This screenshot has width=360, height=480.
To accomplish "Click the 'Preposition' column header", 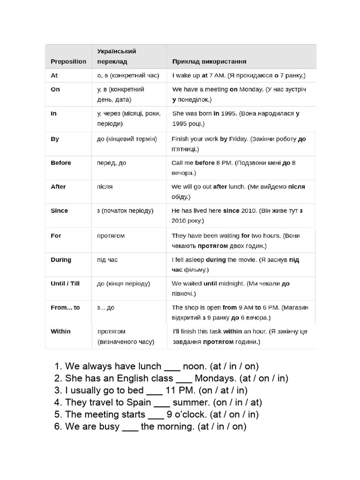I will point(68,61).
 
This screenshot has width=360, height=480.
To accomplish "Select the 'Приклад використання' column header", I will point(210,61).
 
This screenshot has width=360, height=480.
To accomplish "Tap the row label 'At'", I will point(54,75).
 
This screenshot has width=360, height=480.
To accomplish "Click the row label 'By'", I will point(54,139).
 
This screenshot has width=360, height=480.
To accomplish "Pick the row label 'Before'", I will point(61,163).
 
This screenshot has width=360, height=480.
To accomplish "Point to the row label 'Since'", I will point(59,210).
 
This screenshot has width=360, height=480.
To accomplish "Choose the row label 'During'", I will point(61,260).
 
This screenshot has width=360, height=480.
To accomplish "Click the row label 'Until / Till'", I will point(65,284).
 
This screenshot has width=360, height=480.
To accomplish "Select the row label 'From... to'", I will point(65,307).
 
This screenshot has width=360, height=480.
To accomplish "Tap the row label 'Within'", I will point(60,331).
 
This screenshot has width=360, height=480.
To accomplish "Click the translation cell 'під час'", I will point(107,260).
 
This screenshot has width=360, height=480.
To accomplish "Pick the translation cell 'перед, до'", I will point(112,163).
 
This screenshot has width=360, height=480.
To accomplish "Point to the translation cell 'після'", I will point(105,187).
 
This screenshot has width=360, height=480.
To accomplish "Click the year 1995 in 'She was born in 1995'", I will point(230,113).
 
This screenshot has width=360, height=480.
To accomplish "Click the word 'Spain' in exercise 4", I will point(139,402).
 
